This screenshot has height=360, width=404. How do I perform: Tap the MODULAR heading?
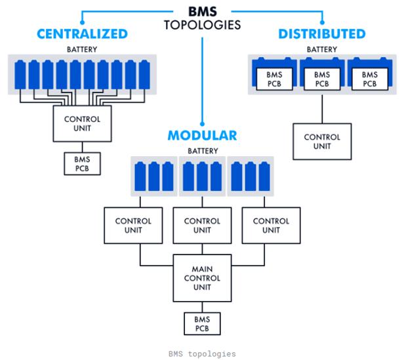click(x=202, y=136)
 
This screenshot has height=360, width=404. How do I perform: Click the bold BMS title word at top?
click(x=203, y=11)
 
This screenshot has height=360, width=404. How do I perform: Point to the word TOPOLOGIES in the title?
click(x=203, y=25)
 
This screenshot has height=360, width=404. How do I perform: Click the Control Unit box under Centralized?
click(x=83, y=124)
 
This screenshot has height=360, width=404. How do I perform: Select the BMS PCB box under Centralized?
click(x=83, y=164)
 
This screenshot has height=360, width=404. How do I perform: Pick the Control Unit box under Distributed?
click(x=321, y=142)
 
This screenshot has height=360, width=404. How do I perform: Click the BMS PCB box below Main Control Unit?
click(x=203, y=323)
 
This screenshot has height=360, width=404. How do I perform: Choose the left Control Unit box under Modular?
click(x=133, y=226)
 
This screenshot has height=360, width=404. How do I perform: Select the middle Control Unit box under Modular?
click(x=203, y=226)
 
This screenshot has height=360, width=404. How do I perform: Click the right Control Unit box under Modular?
click(x=271, y=226)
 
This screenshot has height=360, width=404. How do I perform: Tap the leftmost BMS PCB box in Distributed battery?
click(x=274, y=80)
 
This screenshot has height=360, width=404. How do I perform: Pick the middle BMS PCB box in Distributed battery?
click(x=321, y=80)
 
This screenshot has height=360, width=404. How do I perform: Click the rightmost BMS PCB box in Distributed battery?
click(x=369, y=80)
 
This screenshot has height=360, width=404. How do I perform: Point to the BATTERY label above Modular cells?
click(x=202, y=151)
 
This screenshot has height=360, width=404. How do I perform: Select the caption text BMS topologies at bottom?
click(x=202, y=353)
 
